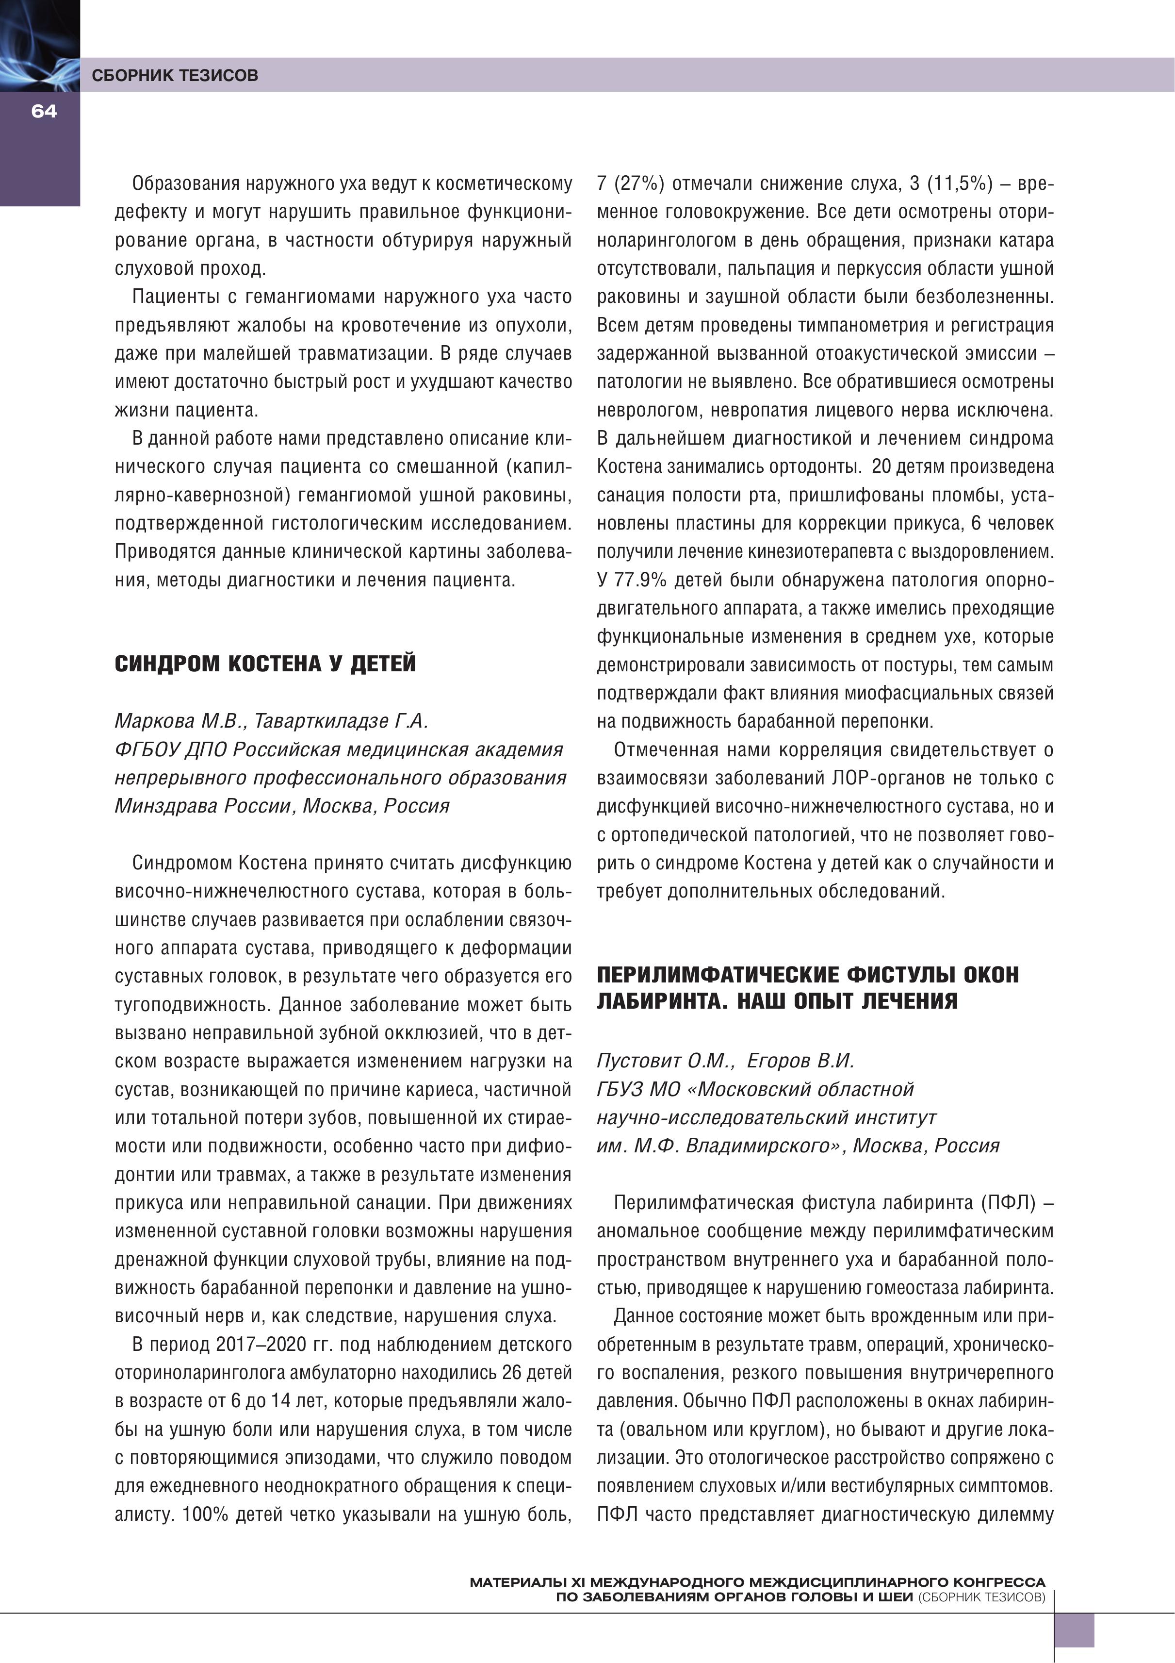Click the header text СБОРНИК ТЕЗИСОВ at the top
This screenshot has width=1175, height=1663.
pyautogui.click(x=175, y=75)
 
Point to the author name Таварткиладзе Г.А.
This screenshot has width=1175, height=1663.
pyautogui.click(x=342, y=721)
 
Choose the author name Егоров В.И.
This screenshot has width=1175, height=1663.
pyautogui.click(x=800, y=1061)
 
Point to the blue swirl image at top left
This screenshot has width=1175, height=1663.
pyautogui.click(x=39, y=45)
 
